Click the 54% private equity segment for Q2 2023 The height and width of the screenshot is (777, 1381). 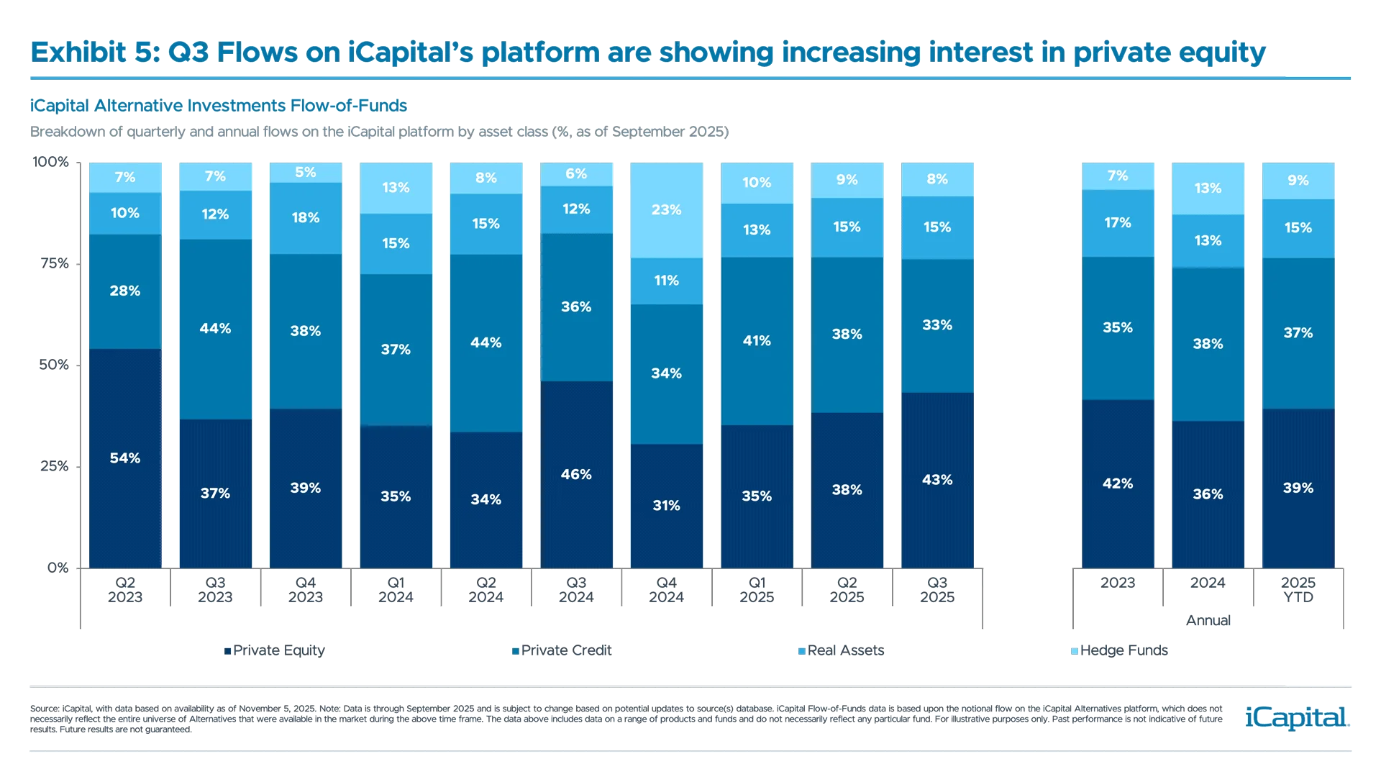coord(125,458)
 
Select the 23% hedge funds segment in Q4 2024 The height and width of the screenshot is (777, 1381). coord(666,210)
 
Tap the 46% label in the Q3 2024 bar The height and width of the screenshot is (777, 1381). coord(576,474)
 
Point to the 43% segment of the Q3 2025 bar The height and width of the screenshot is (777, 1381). coord(937,480)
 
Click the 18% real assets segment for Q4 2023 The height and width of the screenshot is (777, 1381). coord(306,218)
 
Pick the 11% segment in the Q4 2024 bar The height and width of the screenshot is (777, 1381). coord(666,281)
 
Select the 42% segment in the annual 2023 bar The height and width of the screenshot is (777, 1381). coord(1118,483)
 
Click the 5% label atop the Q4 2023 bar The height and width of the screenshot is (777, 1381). coord(306,172)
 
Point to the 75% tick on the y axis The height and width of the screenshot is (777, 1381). coord(55,263)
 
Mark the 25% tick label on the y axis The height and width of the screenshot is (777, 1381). coord(55,466)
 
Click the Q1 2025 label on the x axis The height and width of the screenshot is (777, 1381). coord(757,590)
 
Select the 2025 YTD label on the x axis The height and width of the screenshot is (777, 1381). coord(1298,590)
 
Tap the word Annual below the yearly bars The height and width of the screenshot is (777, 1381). coord(1208,620)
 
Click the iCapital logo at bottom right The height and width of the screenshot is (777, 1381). coord(1295,717)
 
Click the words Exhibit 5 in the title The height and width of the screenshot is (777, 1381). coord(95,53)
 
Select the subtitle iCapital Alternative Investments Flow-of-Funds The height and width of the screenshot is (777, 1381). coord(218,106)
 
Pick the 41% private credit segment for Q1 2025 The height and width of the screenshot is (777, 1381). coord(757,340)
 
